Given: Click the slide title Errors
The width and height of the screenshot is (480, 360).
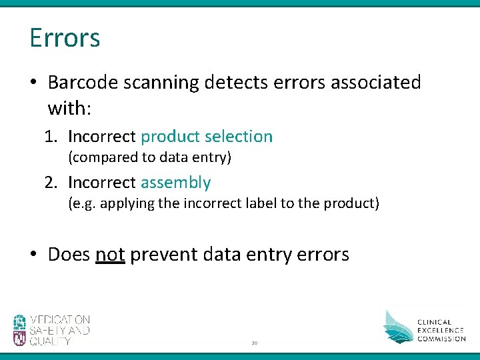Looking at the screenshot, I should click(x=65, y=38).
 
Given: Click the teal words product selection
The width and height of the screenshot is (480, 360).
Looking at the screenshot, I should click(x=207, y=137).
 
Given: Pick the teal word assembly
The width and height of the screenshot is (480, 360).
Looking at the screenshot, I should click(x=175, y=183).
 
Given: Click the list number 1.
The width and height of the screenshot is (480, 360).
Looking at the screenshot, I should click(x=50, y=137).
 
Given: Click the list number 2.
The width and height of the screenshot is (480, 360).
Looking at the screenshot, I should click(x=50, y=183).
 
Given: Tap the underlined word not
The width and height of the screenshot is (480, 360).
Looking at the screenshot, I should click(x=110, y=255).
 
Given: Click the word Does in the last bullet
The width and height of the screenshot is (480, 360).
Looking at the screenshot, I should click(x=69, y=255).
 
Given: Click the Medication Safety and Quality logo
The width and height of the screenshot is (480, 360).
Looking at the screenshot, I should click(x=51, y=330).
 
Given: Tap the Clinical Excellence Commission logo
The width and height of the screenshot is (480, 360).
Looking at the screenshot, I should click(x=424, y=326).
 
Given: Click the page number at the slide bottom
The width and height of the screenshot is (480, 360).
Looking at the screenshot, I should click(x=254, y=343).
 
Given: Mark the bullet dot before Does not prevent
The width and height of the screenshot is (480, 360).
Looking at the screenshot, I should click(x=34, y=255).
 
